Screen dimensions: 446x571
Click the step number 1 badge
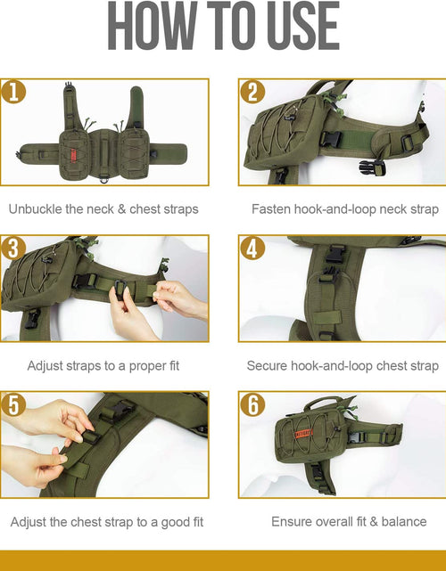coord(13,92)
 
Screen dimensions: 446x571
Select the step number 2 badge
coord(252,92)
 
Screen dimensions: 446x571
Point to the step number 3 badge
coord(13,249)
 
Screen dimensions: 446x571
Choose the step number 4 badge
coord(252,249)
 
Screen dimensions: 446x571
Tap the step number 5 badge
coord(13,404)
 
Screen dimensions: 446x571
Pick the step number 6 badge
coord(252,404)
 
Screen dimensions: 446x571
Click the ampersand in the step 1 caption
coord(121,209)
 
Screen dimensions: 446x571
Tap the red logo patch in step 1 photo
coord(72,155)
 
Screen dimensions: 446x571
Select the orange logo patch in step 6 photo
coord(303,433)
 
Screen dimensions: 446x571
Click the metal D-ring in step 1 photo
coord(103,179)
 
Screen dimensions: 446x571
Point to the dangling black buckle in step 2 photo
coord(373,167)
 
